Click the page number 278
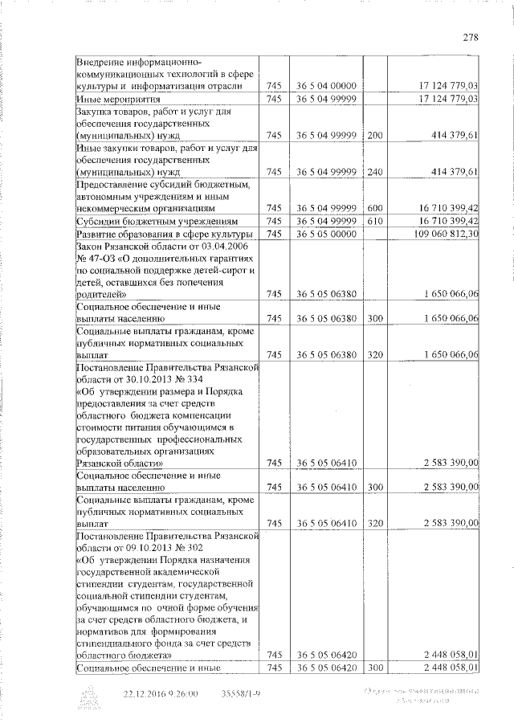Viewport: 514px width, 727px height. [471, 36]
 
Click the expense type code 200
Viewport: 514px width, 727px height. [375, 136]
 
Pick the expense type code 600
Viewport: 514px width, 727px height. [375, 208]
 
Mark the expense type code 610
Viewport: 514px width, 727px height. [375, 221]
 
